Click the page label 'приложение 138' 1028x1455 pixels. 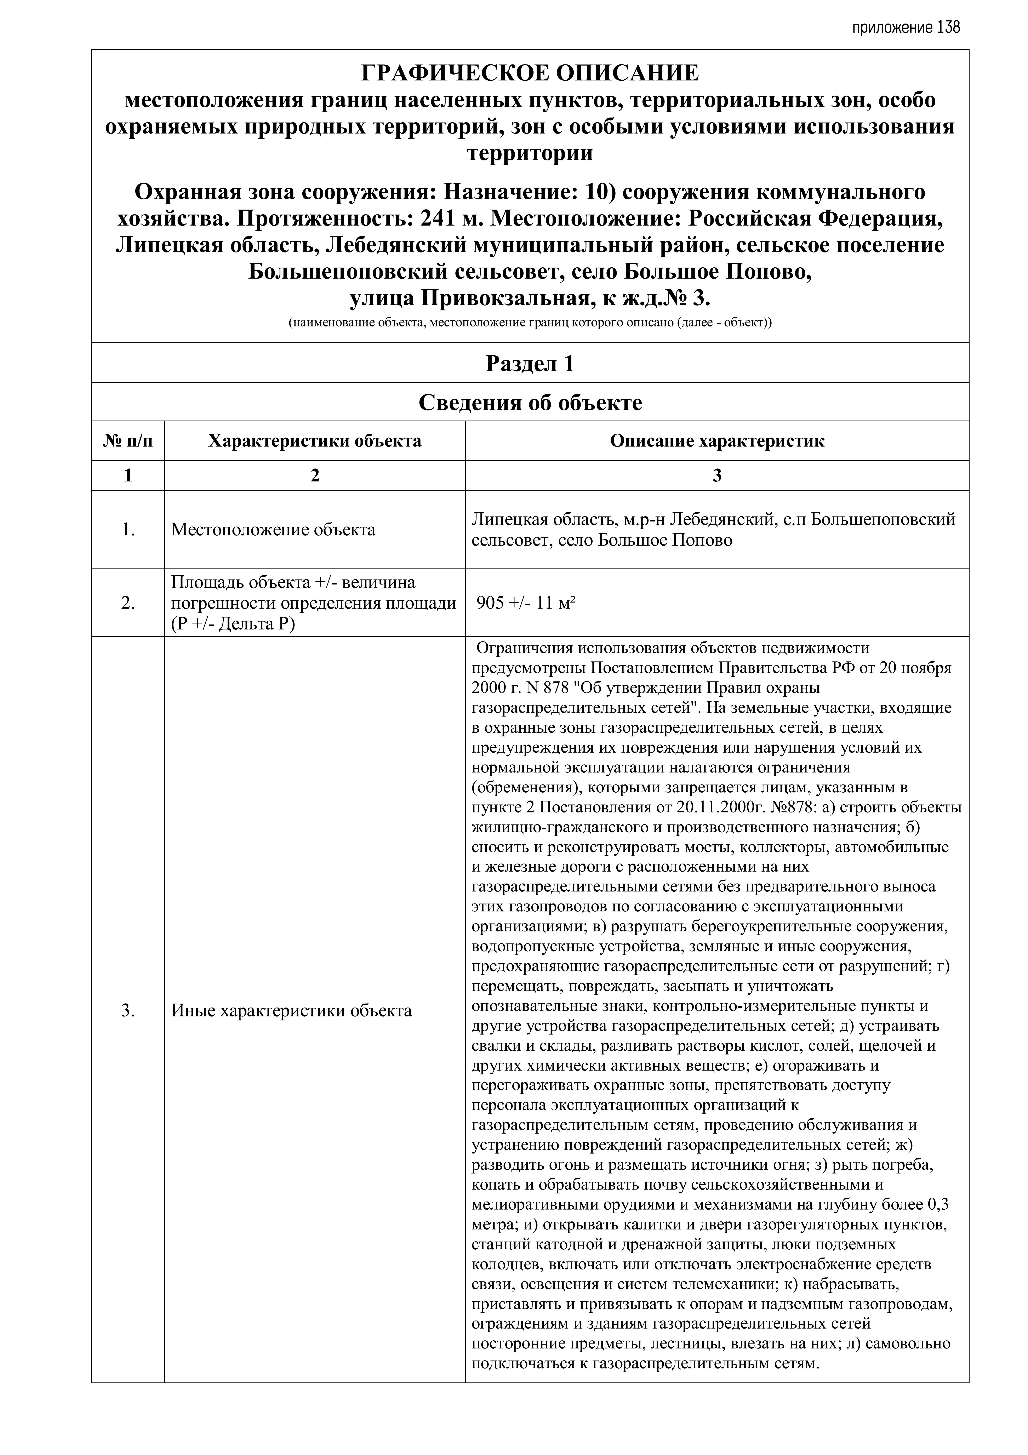click(906, 28)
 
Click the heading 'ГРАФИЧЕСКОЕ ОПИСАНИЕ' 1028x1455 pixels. click(530, 74)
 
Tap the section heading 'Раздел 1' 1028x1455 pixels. click(530, 364)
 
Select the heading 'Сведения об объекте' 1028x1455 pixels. click(530, 403)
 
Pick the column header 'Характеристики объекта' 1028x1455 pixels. click(314, 441)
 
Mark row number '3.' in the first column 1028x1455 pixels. click(128, 1010)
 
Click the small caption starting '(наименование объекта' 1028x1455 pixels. click(530, 323)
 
